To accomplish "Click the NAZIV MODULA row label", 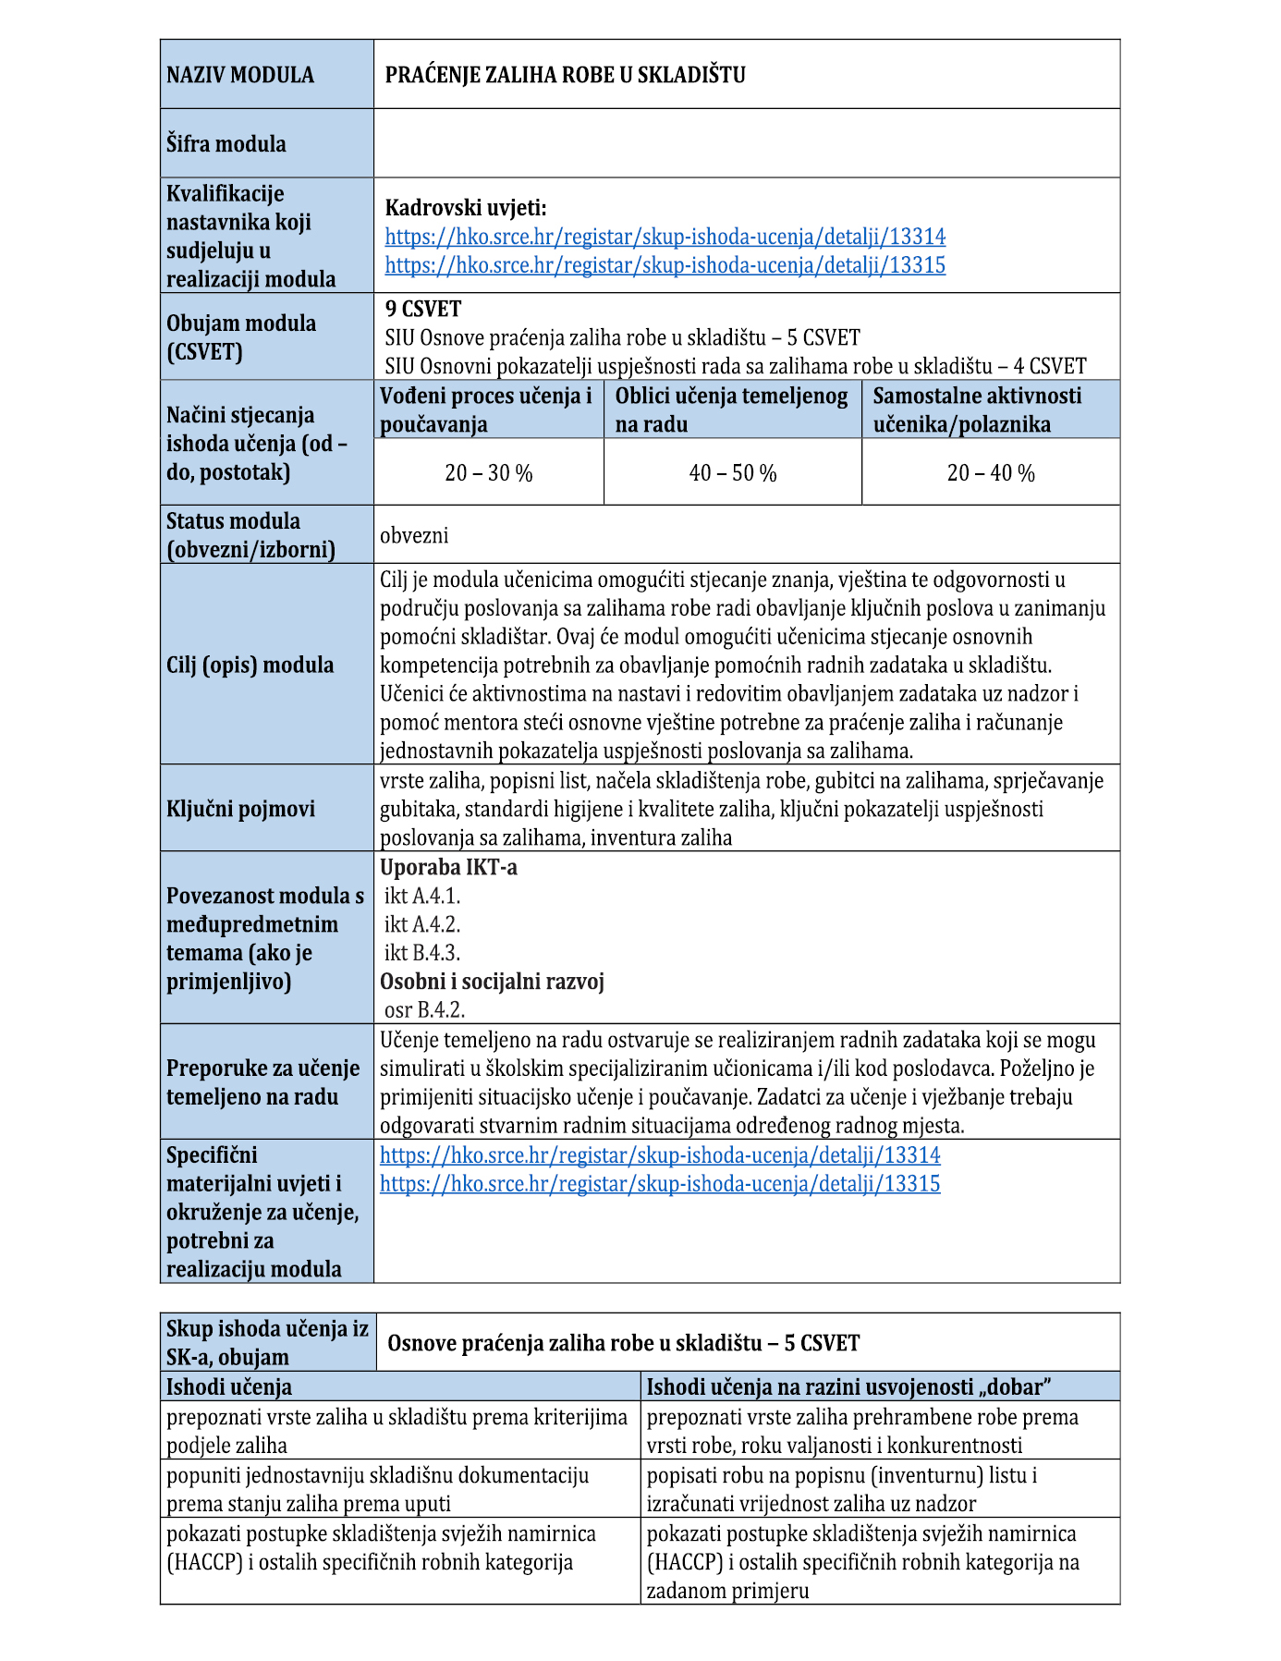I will click(x=240, y=75).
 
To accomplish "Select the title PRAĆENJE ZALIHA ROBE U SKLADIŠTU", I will click(x=565, y=75).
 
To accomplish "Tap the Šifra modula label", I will click(x=226, y=144).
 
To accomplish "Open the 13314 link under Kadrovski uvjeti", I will click(x=665, y=237).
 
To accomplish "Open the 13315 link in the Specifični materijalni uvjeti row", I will click(x=660, y=1184).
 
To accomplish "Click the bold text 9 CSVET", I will click(x=423, y=309).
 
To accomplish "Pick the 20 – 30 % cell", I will click(x=488, y=473).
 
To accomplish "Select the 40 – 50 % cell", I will click(x=733, y=473).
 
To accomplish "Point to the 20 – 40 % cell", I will click(x=991, y=473).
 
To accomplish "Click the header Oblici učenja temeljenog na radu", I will click(x=731, y=409).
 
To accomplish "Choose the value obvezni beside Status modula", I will click(x=414, y=535).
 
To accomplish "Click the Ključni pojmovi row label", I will click(x=240, y=809).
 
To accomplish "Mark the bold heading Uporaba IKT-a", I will click(x=448, y=867).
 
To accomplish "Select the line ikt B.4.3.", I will click(x=422, y=953).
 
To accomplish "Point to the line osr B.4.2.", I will click(x=424, y=1010).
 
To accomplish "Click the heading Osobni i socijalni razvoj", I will click(x=492, y=982).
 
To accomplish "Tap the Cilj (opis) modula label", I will click(x=250, y=665).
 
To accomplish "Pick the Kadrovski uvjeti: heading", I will click(x=466, y=208).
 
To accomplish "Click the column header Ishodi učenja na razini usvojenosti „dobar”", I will click(x=849, y=1386).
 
